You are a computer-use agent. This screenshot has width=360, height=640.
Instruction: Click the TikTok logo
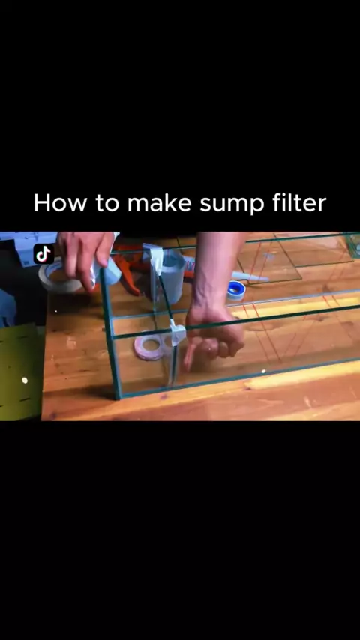[x=43, y=254]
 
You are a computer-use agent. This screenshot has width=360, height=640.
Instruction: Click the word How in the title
[x=61, y=202]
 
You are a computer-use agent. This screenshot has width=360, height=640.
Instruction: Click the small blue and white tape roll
[x=235, y=290]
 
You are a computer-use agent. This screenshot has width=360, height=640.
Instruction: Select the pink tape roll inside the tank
[x=148, y=347]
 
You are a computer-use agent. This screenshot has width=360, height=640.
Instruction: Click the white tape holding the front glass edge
[x=177, y=333]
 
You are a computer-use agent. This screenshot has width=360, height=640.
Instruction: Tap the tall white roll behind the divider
[x=172, y=277]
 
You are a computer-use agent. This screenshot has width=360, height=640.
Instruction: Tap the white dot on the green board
[x=25, y=381]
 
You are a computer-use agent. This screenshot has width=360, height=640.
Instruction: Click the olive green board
[x=20, y=372]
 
